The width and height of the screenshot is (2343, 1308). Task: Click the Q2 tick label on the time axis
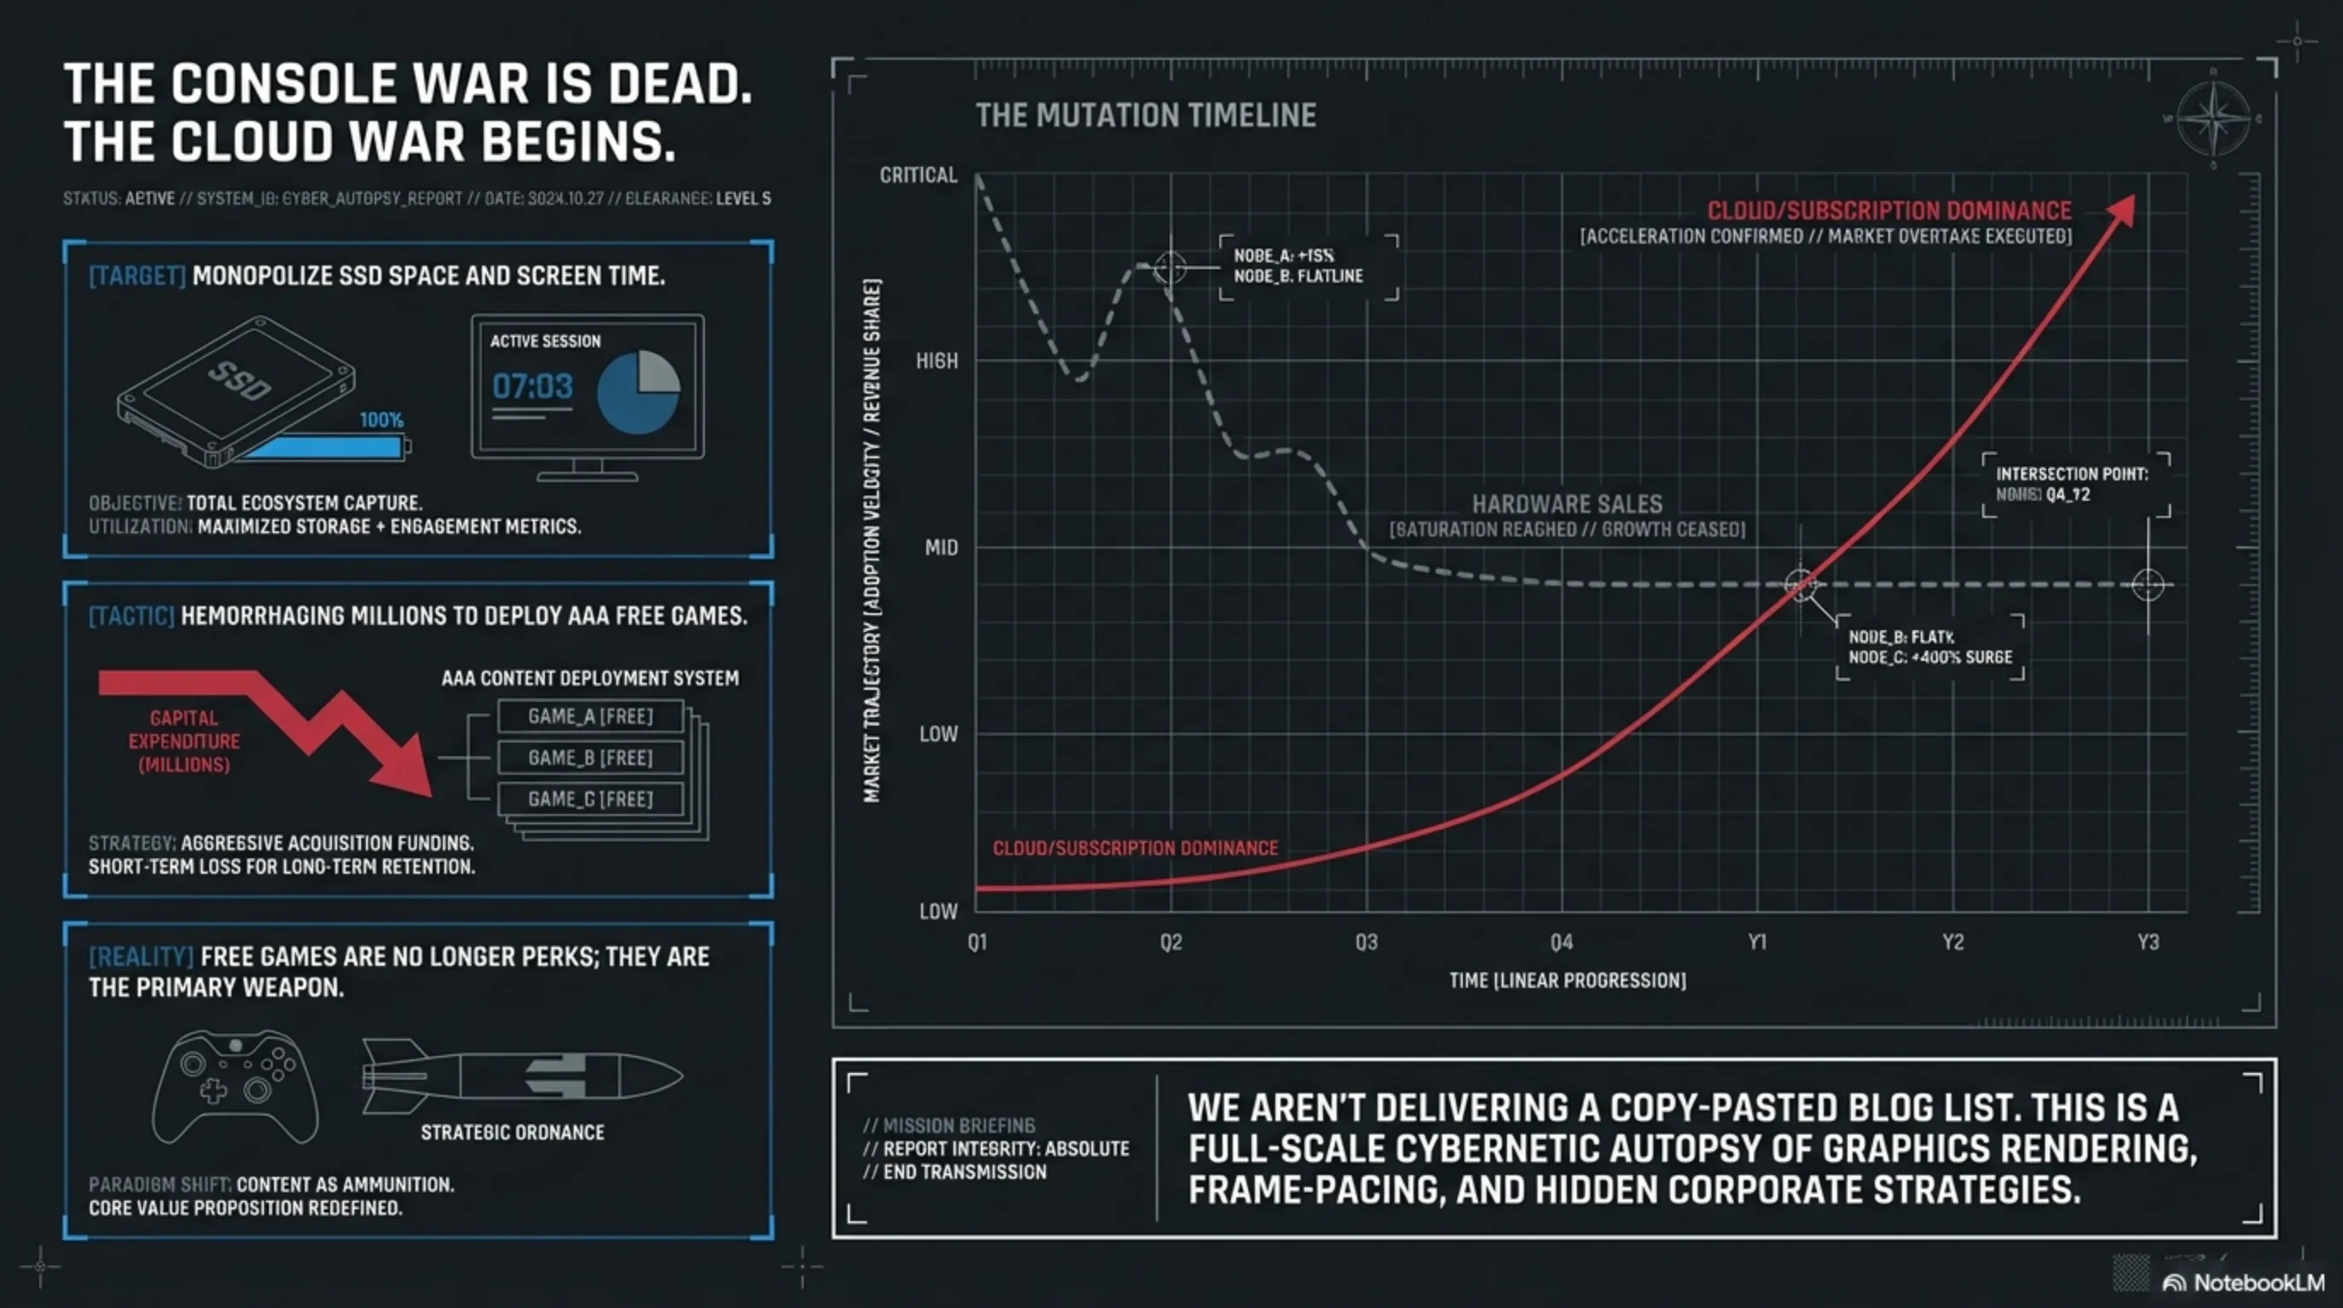1171,943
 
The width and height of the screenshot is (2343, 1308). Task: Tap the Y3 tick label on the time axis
2147,943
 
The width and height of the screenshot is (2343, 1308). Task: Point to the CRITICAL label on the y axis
918,175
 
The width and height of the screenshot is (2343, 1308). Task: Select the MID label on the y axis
941,548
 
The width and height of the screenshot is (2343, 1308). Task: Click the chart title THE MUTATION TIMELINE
1145,116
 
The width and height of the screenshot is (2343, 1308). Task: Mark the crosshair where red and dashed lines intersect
1800,585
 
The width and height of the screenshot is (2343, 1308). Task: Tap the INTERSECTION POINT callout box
2076,484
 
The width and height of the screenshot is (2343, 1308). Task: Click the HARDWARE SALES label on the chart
1567,505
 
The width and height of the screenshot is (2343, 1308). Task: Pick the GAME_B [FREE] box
590,758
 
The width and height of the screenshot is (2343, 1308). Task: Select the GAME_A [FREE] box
590,717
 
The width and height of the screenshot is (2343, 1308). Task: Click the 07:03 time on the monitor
532,387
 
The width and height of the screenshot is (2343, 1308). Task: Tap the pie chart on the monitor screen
639,392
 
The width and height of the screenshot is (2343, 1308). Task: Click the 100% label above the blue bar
381,419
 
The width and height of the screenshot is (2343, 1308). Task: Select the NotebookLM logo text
2259,1282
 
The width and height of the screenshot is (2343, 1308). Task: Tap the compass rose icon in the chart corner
2213,118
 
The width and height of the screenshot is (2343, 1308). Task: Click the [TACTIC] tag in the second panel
131,616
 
